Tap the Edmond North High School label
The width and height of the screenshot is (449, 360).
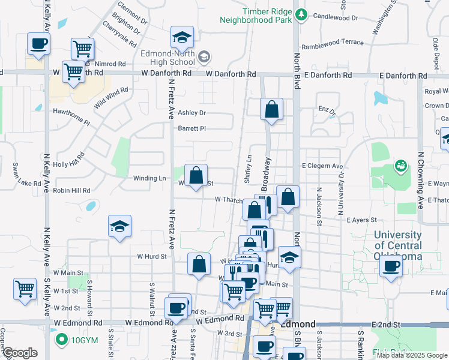click(167, 58)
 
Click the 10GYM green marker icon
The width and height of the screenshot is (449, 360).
click(61, 340)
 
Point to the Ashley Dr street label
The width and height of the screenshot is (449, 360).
click(192, 113)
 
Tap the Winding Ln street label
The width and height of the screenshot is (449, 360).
click(149, 178)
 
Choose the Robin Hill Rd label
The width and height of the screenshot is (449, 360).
click(71, 191)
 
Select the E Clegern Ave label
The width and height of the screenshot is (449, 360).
click(322, 166)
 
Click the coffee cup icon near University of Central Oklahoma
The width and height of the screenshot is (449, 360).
click(391, 266)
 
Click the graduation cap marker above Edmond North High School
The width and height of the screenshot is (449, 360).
click(182, 37)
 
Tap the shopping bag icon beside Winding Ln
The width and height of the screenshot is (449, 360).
click(196, 176)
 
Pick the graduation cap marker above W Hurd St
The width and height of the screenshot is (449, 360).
click(120, 227)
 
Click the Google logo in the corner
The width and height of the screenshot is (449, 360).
click(20, 353)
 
